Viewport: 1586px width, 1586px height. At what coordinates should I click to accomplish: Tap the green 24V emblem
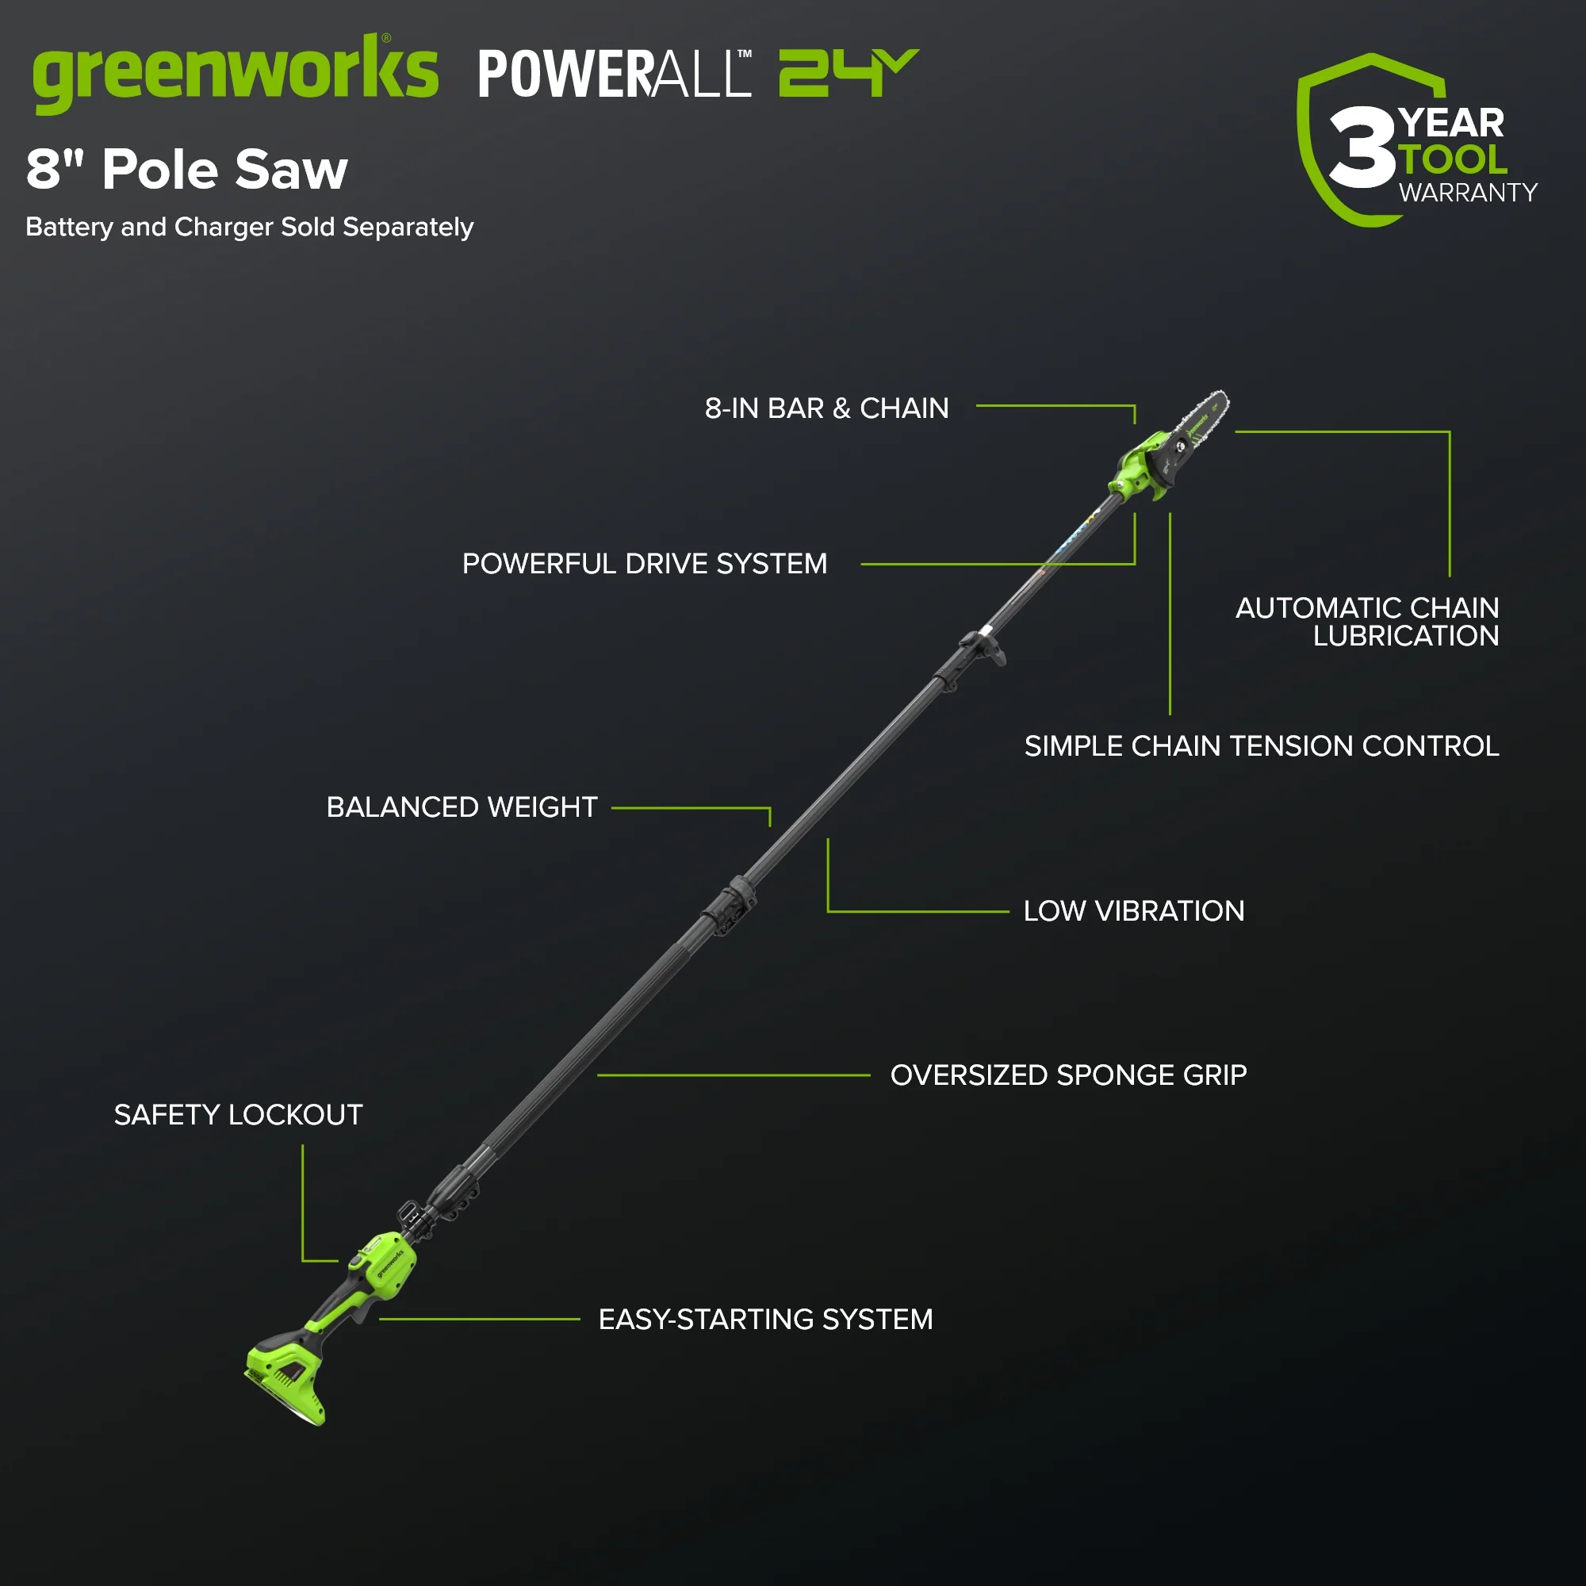(848, 73)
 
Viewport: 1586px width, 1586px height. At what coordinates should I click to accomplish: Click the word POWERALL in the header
(614, 74)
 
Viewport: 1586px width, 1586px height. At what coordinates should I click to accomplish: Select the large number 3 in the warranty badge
(1362, 147)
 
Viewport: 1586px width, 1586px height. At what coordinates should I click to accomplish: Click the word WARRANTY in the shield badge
(1468, 193)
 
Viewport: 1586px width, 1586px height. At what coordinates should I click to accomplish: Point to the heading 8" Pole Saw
(187, 169)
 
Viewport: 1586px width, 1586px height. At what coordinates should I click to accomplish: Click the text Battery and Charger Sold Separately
(250, 227)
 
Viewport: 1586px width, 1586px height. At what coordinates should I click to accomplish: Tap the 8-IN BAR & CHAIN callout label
(826, 408)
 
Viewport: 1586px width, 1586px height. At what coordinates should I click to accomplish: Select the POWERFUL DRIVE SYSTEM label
(645, 563)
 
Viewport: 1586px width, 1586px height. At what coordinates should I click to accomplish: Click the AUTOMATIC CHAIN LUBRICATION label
(1367, 622)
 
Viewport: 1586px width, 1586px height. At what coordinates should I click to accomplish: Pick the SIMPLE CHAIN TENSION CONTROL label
(1262, 745)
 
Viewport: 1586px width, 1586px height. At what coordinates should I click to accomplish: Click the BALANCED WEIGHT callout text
(462, 807)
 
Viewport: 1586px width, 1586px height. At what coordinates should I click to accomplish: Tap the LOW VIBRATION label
(1134, 910)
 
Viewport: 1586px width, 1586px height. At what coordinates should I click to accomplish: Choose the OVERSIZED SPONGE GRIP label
(1069, 1075)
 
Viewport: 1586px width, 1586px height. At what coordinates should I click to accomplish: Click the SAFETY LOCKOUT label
(238, 1114)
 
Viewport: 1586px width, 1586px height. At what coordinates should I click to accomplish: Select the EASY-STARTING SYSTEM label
(765, 1319)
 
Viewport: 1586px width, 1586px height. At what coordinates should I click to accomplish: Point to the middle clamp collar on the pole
(729, 906)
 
